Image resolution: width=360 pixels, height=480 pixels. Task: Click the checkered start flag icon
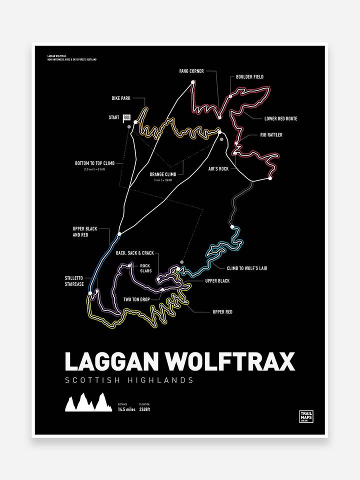coord(127,118)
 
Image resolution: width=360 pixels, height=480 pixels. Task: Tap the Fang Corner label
coord(191,71)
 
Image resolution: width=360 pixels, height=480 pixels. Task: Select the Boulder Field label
coord(249,77)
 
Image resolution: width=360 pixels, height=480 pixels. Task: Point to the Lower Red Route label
coord(280,118)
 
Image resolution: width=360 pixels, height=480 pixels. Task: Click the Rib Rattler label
coord(271,135)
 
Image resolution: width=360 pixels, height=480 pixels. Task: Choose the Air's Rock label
coord(218,169)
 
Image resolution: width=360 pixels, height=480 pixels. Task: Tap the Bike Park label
coord(121,98)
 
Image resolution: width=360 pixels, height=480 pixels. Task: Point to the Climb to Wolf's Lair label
coord(247,268)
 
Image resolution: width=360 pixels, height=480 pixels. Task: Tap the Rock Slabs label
coord(145,268)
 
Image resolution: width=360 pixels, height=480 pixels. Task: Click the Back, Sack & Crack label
coord(134,253)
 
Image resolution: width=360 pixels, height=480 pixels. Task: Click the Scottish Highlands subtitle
coord(129,380)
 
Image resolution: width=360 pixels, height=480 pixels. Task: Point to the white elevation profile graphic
coord(88,402)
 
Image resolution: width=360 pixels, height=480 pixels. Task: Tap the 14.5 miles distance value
coord(126,409)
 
